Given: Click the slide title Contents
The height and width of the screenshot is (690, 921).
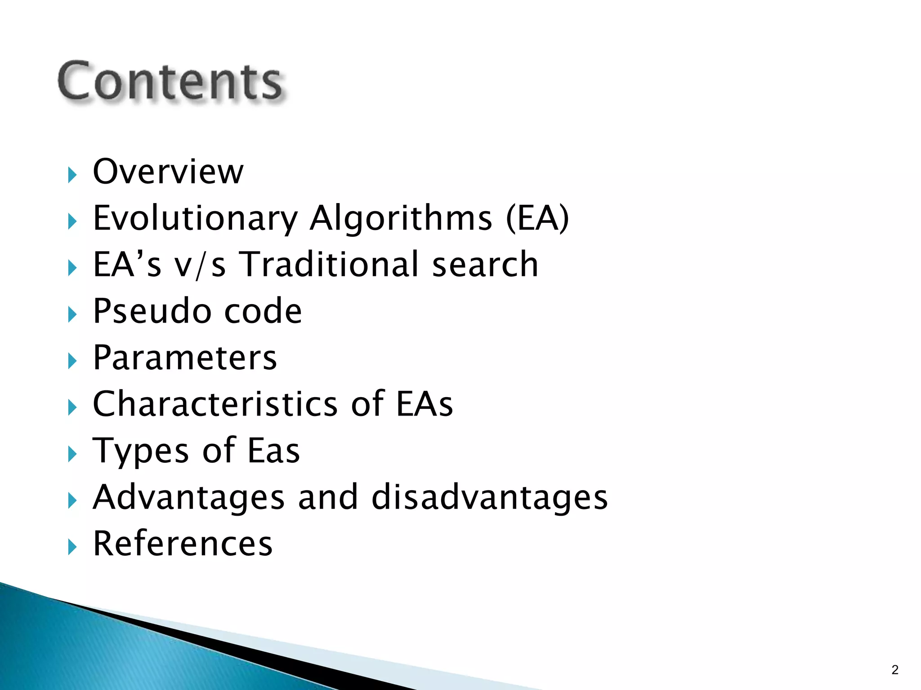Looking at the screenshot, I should coord(170,81).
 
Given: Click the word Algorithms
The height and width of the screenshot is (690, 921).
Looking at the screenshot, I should coord(401,218).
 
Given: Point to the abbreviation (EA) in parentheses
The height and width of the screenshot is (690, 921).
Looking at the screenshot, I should coord(537,219).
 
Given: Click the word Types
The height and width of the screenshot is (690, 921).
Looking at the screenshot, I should coord(140,451).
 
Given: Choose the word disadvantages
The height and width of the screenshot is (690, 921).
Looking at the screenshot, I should coord(490,498).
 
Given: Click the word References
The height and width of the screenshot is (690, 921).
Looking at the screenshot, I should coord(183,544).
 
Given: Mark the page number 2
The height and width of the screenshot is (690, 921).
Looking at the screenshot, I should coord(895,670).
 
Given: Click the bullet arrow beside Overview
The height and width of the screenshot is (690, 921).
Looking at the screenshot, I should coord(72,174).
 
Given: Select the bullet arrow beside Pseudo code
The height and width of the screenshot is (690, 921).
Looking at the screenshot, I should coord(72,314).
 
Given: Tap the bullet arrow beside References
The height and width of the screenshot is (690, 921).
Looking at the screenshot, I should coord(72,547).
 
